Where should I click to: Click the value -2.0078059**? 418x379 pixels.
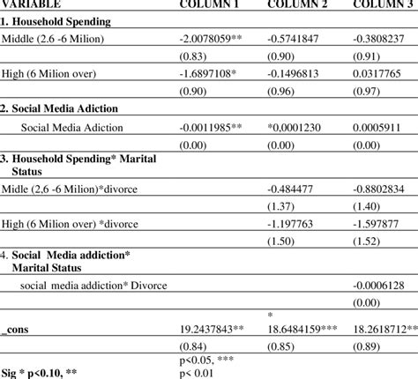[x=218, y=41]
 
